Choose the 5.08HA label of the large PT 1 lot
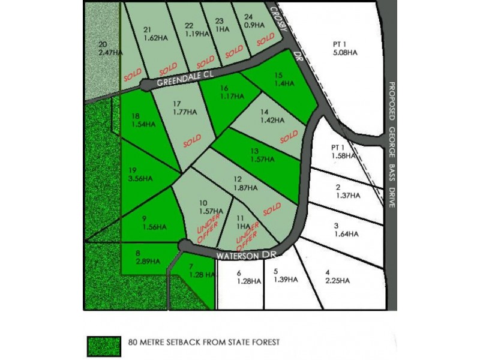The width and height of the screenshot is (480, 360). [x=344, y=53]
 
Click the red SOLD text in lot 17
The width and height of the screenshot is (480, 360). [x=192, y=142]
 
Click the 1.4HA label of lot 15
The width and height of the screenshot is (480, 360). [x=278, y=85]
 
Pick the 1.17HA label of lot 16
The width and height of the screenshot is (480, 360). [x=230, y=95]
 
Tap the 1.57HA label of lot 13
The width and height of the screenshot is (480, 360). [x=261, y=160]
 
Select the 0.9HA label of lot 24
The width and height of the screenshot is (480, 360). [x=254, y=26]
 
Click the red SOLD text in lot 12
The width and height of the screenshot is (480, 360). [x=271, y=208]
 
